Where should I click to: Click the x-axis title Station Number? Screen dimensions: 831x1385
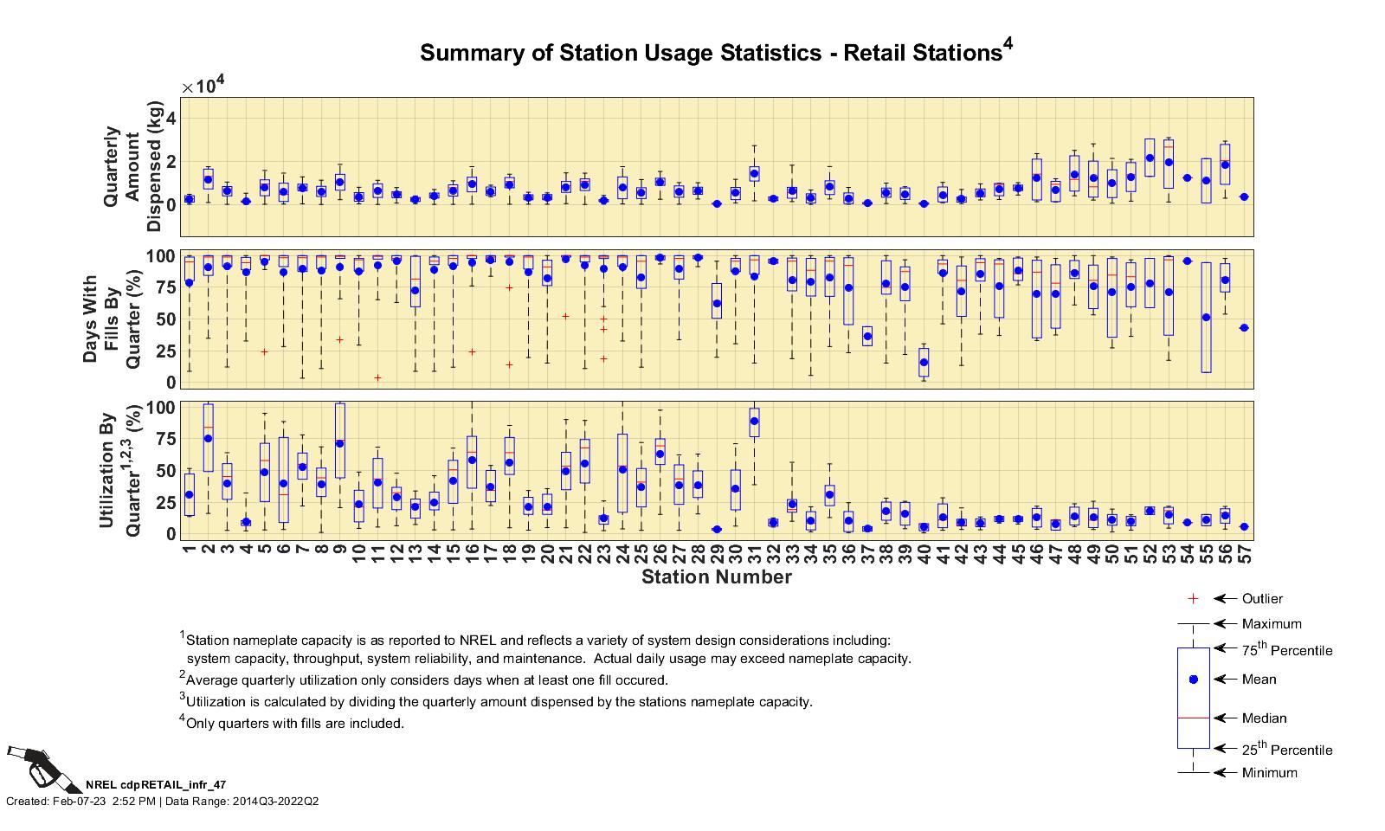click(716, 577)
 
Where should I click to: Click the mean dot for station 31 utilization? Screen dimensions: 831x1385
click(754, 422)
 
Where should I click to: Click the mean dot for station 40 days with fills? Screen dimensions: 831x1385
click(924, 363)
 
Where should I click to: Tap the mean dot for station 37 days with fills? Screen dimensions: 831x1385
click(867, 337)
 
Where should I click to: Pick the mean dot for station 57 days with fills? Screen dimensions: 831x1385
click(1244, 328)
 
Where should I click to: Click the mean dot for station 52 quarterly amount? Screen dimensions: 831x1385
click(1150, 158)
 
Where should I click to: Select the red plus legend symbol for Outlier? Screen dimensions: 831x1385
click(1193, 599)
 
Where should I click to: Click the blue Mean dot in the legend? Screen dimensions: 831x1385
click(1193, 680)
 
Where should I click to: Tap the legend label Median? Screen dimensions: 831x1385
click(1264, 718)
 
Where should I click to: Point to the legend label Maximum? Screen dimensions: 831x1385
click(1271, 624)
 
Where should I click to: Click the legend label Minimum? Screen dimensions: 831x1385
click(1269, 773)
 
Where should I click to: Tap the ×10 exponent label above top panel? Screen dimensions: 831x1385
click(203, 86)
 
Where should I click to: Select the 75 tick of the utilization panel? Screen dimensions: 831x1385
click(164, 440)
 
